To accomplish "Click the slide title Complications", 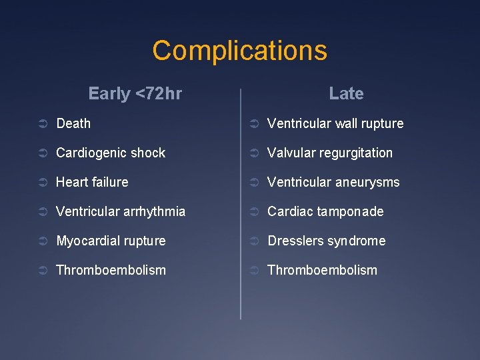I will point(239,51).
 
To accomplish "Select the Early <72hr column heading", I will point(135,94).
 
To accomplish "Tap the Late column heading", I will point(346,94).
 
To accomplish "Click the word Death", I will point(73,123).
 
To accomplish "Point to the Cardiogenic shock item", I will point(111,153).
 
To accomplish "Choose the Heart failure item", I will point(92,182).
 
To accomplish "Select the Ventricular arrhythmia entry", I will point(121,211).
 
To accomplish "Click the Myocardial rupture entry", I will point(111,241).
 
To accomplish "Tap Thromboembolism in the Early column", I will point(111,270).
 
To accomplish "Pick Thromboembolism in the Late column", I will point(322,270).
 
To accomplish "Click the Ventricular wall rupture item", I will point(335,123).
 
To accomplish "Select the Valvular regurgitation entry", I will point(330,153).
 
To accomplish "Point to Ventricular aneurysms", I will point(333,182).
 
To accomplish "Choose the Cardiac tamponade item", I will point(325,211).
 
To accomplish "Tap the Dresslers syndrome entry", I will point(326,241).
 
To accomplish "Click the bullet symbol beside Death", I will point(41,124).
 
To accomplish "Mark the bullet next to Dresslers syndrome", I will point(253,241).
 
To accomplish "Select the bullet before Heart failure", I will point(41,183).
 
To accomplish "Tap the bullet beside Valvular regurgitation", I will point(253,153).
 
